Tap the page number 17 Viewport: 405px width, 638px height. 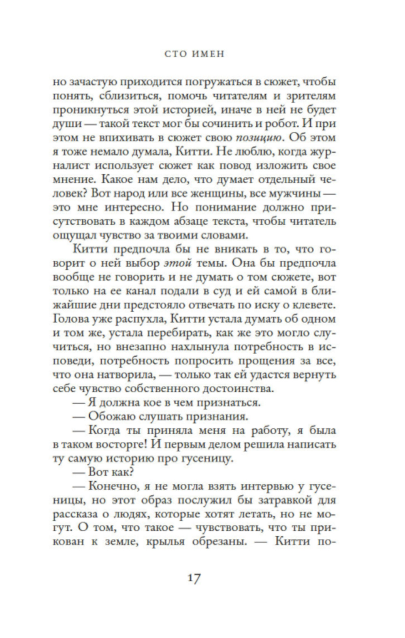click(194, 578)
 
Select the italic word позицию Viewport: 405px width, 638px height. click(258, 138)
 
